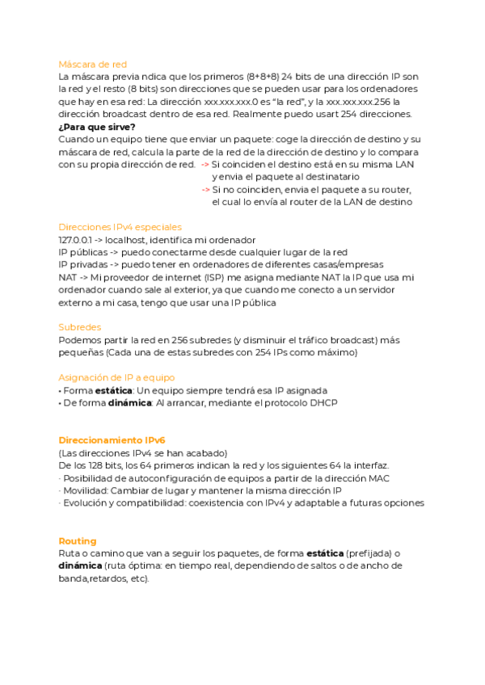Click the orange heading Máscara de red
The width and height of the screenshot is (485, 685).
click(92, 64)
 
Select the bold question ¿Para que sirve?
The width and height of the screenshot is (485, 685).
click(97, 127)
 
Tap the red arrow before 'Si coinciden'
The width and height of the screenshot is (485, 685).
click(205, 165)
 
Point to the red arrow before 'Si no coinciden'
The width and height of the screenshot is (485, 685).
click(205, 189)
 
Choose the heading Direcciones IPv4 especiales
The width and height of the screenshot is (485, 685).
click(120, 227)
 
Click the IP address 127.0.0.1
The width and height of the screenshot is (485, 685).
click(75, 240)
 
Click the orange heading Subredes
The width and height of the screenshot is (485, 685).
click(80, 327)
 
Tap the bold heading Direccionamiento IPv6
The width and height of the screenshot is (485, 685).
click(112, 440)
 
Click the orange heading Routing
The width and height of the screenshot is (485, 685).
click(78, 540)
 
